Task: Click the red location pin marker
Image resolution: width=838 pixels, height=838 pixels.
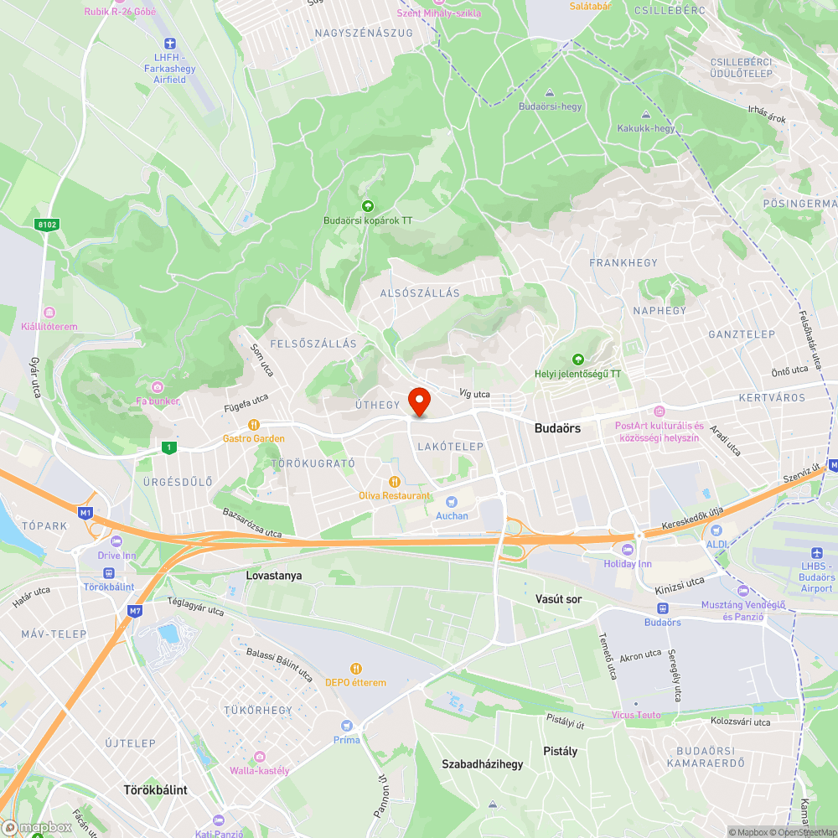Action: [418, 401]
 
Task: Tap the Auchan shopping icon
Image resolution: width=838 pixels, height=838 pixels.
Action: [452, 501]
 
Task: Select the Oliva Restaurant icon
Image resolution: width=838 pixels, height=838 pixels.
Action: [394, 481]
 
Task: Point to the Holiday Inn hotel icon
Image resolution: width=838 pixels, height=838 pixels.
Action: [628, 549]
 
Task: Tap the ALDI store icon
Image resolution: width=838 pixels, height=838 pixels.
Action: [716, 530]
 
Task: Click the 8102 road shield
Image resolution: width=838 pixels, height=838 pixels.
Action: [47, 225]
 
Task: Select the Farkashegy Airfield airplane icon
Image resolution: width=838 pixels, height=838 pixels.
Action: [169, 43]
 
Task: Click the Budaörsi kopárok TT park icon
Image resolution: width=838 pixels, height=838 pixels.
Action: [366, 206]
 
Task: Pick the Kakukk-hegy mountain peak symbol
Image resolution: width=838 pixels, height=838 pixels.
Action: [645, 115]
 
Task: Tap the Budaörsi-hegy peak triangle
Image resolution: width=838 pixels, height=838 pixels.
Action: [550, 93]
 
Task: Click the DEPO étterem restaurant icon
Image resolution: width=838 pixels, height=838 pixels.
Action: [356, 668]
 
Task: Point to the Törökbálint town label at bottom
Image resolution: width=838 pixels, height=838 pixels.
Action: [155, 789]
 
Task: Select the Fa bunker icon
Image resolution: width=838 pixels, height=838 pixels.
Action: [158, 386]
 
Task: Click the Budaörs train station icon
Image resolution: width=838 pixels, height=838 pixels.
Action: [662, 608]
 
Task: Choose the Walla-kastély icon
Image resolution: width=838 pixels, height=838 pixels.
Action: [259, 757]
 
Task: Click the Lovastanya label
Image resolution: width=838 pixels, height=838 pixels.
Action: [274, 576]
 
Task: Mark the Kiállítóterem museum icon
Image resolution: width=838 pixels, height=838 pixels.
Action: [49, 313]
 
